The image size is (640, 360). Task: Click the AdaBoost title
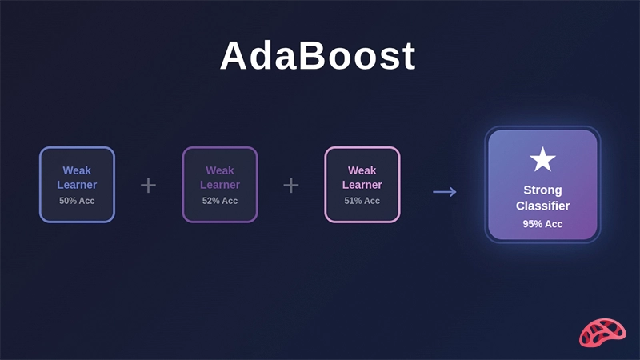pyautogui.click(x=318, y=56)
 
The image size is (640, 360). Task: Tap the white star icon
pyautogui.click(x=542, y=160)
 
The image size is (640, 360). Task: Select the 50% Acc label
pyautogui.click(x=77, y=201)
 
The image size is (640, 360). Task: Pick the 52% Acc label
pyautogui.click(x=220, y=201)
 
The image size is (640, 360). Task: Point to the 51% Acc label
pyautogui.click(x=362, y=201)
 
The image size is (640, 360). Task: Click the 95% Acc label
pyautogui.click(x=542, y=224)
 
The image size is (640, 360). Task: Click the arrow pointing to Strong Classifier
pyautogui.click(x=444, y=191)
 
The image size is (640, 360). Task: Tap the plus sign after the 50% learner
pyautogui.click(x=148, y=186)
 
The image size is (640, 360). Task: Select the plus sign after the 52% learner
pyautogui.click(x=291, y=186)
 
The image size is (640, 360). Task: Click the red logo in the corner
pyautogui.click(x=602, y=332)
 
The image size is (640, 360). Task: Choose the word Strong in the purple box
pyautogui.click(x=542, y=190)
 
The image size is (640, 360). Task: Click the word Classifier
pyautogui.click(x=542, y=206)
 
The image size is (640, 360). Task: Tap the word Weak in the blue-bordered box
pyautogui.click(x=77, y=170)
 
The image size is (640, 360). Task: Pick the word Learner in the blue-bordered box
pyautogui.click(x=77, y=185)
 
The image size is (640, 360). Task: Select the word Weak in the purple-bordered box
pyautogui.click(x=220, y=170)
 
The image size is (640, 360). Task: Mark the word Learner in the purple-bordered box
pyautogui.click(x=220, y=185)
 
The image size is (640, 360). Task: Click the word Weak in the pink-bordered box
pyautogui.click(x=362, y=170)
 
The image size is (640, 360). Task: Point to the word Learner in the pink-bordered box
pyautogui.click(x=362, y=185)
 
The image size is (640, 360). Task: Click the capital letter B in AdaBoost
pyautogui.click(x=309, y=56)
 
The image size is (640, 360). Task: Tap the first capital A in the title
pyautogui.click(x=234, y=56)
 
